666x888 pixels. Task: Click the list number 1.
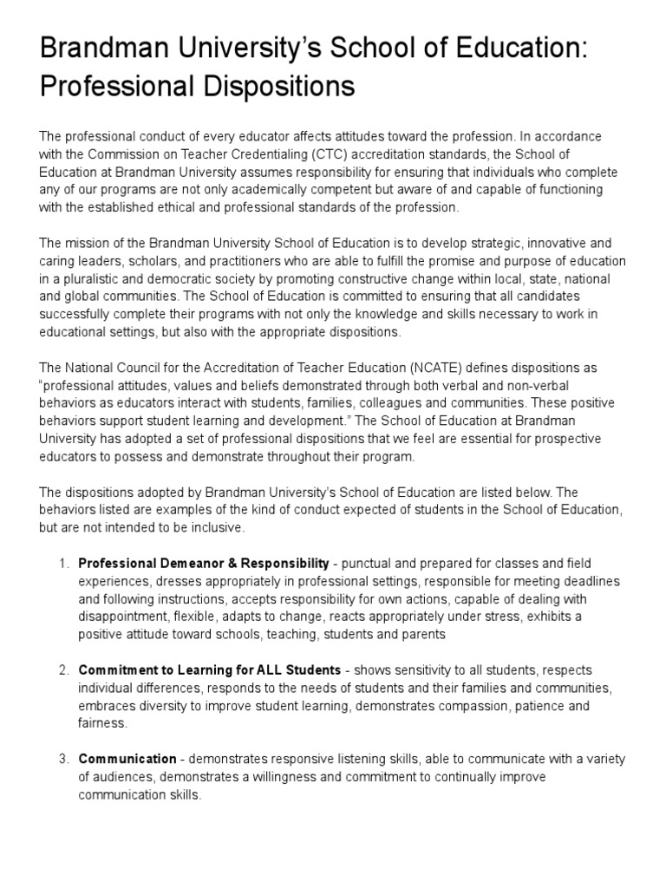point(63,564)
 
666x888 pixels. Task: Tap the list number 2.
point(63,670)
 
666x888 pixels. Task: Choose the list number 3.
point(63,760)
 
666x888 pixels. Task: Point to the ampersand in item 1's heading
point(215,564)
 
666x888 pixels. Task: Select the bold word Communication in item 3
point(127,760)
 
